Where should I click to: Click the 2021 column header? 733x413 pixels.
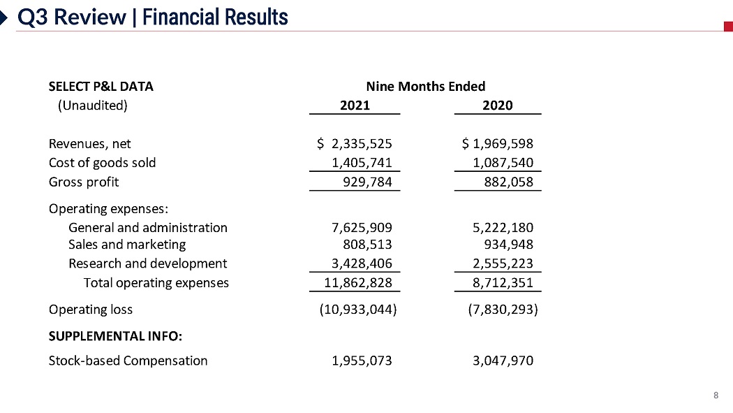pyautogui.click(x=355, y=106)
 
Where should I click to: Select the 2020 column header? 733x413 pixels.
pyautogui.click(x=497, y=106)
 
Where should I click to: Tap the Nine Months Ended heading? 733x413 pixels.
pyautogui.click(x=426, y=87)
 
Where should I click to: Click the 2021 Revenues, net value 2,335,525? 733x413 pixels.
pyautogui.click(x=361, y=144)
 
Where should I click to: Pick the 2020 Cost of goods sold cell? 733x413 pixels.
pyautogui.click(x=503, y=163)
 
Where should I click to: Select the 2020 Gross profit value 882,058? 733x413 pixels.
pyautogui.click(x=508, y=182)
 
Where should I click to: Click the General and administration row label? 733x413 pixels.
pyautogui.click(x=148, y=228)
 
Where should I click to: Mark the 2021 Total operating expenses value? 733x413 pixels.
pyautogui.click(x=358, y=283)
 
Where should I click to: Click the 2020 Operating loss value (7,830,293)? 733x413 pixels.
pyautogui.click(x=503, y=310)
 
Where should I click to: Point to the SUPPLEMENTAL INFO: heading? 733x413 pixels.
pyautogui.click(x=115, y=336)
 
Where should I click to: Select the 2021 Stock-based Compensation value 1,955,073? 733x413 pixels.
pyautogui.click(x=361, y=361)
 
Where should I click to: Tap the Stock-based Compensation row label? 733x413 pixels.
pyautogui.click(x=128, y=361)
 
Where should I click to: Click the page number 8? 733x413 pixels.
pyautogui.click(x=716, y=396)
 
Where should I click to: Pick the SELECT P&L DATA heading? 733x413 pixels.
pyautogui.click(x=101, y=87)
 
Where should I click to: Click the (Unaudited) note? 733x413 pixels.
pyautogui.click(x=92, y=106)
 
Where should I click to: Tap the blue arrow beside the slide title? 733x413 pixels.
pyautogui.click(x=5, y=17)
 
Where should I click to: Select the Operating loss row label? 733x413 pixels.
pyautogui.click(x=90, y=310)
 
